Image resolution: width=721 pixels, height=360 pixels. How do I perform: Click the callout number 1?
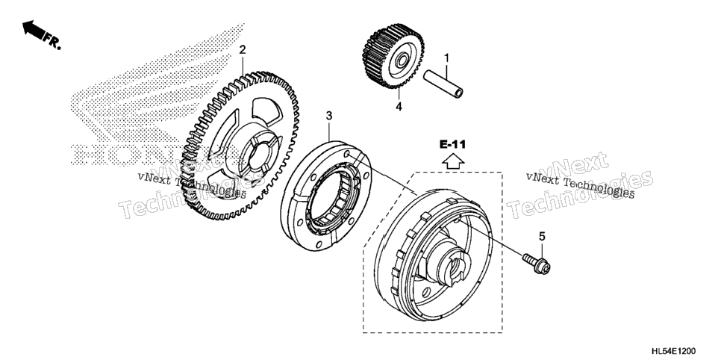446,58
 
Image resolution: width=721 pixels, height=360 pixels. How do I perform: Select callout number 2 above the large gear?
243,50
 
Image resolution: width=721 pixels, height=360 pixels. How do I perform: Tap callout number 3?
328,116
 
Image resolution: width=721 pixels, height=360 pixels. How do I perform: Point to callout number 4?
399,107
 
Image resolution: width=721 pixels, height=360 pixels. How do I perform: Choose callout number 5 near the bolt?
542,237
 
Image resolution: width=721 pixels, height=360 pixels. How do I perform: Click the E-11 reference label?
452,145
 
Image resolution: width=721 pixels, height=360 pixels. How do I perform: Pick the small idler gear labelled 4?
393,56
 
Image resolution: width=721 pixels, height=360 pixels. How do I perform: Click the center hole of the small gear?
399,60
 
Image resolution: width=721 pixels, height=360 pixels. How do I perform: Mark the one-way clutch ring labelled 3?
326,196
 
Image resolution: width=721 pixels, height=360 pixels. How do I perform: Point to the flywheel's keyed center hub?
451,267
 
